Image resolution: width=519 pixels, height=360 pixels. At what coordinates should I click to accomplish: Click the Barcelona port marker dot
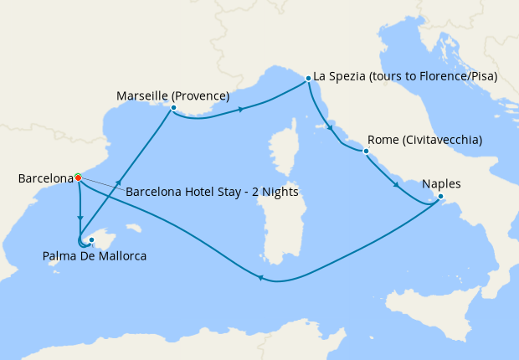78,177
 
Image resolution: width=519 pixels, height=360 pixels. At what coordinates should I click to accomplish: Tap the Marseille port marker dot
172,108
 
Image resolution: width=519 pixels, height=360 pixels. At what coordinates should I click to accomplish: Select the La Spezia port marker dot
309,78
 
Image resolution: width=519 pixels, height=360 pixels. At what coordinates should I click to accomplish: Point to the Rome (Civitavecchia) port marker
366,152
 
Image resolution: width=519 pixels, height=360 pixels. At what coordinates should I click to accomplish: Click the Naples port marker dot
441,198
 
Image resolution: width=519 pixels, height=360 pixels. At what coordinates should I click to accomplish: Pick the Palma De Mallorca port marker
91,239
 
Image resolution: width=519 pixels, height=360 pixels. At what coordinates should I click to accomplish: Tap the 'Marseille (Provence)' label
172,95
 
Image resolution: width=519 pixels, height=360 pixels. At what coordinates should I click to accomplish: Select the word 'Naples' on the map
441,184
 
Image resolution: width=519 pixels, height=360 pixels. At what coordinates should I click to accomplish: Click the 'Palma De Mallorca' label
94,256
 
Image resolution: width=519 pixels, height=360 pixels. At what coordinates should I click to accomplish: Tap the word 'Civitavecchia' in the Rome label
441,140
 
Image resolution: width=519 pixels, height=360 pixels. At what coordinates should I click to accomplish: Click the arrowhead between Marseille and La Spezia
241,110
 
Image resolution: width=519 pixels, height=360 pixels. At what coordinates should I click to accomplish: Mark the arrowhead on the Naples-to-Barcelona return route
261,280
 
